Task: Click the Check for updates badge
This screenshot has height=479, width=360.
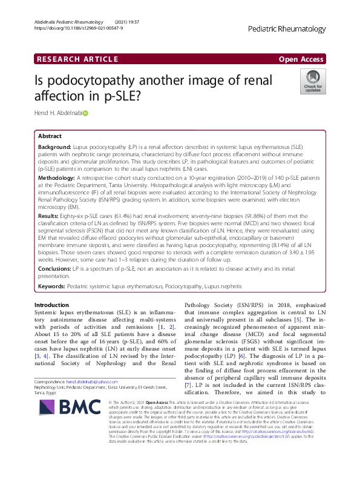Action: (313, 82)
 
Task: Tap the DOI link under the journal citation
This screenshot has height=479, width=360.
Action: (79, 28)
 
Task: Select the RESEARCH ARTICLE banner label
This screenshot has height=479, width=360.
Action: (77, 59)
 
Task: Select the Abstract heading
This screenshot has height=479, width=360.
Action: (50, 136)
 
